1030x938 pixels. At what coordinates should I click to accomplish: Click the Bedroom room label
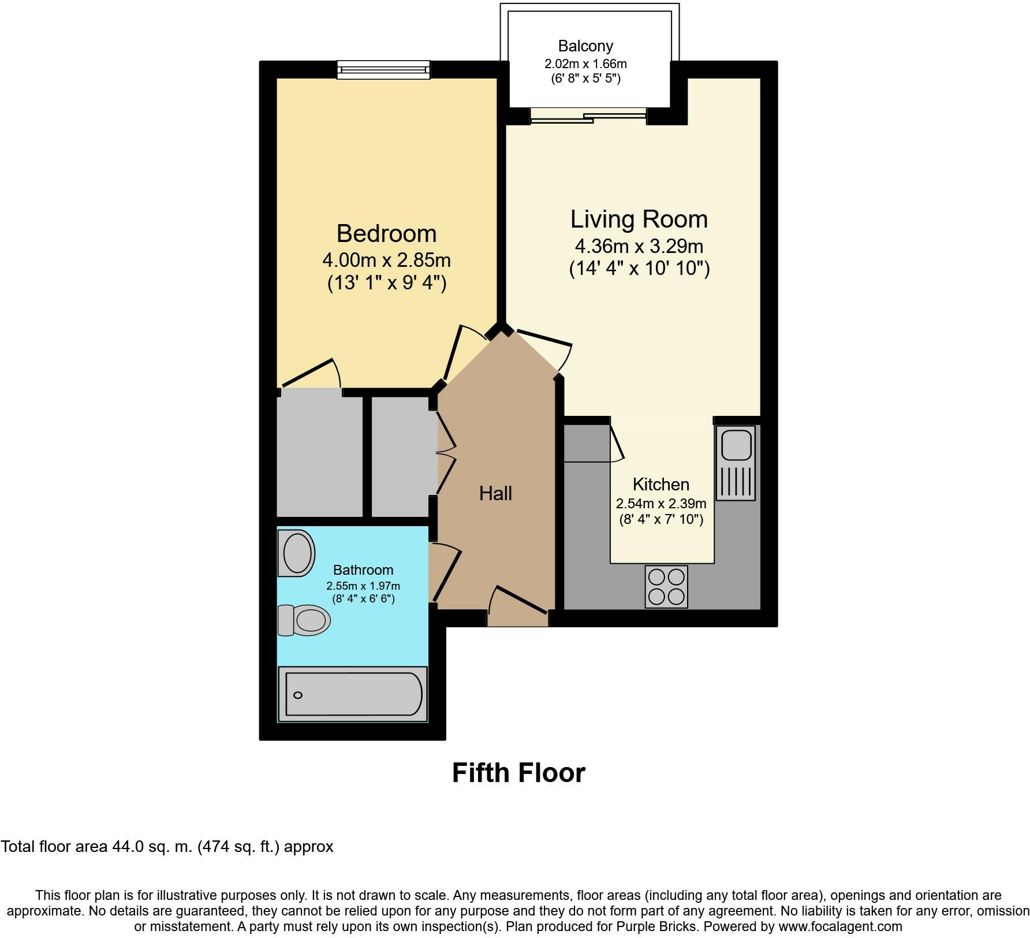coord(386,233)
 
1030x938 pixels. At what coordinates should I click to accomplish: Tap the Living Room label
coord(639,219)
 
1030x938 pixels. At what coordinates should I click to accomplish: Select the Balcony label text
coord(585,46)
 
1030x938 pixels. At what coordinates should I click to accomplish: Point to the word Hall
coord(495,493)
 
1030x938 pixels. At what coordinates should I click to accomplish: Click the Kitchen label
coord(661,484)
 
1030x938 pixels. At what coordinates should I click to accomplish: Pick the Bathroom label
coord(363,570)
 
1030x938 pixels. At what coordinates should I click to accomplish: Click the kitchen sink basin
coord(735,443)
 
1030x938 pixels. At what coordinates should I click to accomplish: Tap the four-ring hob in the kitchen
coord(666,587)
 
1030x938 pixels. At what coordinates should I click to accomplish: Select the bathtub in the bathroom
coord(353,694)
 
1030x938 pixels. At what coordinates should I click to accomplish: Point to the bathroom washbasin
coord(296,553)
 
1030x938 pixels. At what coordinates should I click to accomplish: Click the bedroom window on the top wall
coord(384,69)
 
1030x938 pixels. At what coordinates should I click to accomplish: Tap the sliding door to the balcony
coord(588,116)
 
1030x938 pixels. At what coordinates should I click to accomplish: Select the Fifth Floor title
coord(518,773)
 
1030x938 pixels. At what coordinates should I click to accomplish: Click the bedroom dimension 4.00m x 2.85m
coord(386,260)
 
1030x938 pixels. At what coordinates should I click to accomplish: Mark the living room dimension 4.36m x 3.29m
coord(639,247)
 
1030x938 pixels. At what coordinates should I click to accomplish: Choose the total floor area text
coord(167,847)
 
